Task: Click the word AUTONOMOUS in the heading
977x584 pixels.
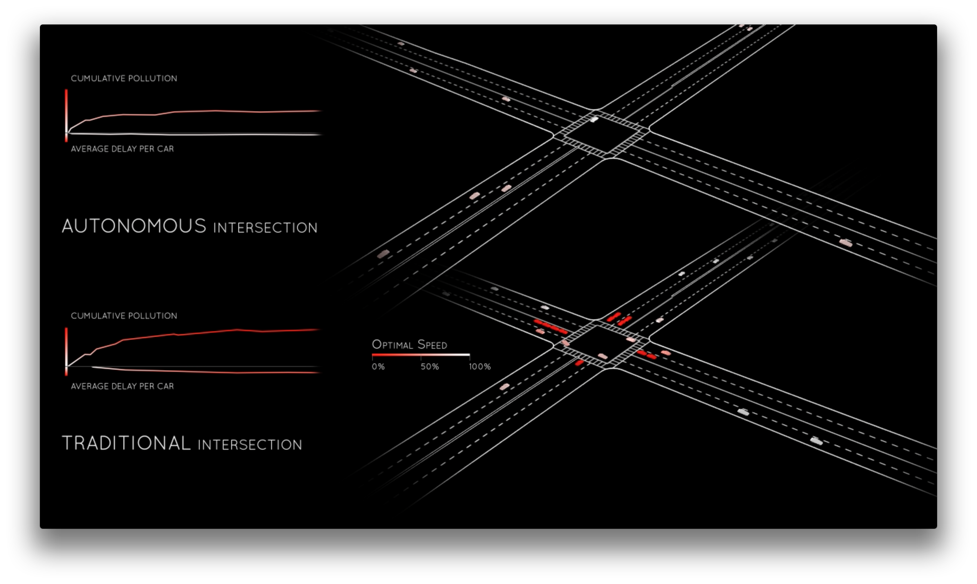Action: coord(134,226)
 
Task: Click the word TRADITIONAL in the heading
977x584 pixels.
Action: coord(127,443)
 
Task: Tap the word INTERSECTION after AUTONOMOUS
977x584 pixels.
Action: coord(265,228)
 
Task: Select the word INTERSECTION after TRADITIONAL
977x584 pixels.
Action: coord(250,445)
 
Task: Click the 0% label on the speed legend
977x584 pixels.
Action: coord(378,367)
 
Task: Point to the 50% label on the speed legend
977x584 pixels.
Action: coord(429,367)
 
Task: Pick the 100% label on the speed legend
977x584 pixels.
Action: coord(480,367)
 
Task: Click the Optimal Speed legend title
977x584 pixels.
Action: coord(410,345)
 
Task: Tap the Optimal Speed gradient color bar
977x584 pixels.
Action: coord(421,355)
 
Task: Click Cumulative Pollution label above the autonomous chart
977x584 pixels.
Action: coord(124,78)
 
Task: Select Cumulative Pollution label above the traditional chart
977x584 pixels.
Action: coord(124,315)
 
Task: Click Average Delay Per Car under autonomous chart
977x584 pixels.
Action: coord(122,149)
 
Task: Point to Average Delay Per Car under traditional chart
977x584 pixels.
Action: coord(122,386)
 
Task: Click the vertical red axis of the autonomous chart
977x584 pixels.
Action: coord(66,114)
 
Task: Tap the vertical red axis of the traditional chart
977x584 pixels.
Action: coord(66,350)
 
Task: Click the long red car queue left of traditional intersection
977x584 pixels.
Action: coord(551,327)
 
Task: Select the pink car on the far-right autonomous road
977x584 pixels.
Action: coord(846,243)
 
